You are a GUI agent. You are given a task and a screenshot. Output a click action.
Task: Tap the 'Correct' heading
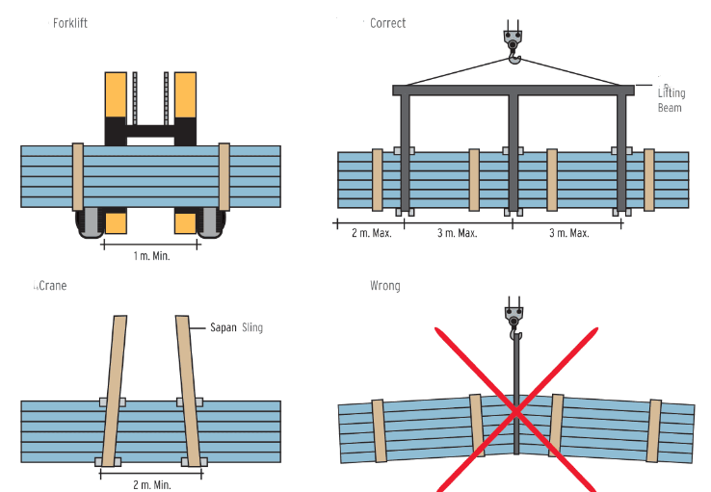click(x=387, y=23)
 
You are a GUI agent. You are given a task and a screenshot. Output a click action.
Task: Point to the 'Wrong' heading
click(x=384, y=286)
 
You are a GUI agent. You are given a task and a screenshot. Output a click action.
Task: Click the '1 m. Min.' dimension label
click(x=150, y=258)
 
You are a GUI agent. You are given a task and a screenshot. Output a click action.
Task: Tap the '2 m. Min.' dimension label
click(x=150, y=484)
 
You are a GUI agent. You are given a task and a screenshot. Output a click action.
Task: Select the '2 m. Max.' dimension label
click(x=370, y=234)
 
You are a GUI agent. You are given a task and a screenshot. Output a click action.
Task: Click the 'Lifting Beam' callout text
click(x=671, y=100)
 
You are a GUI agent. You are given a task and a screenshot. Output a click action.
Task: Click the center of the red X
click(x=517, y=411)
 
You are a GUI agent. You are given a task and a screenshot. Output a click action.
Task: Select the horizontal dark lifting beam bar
click(x=513, y=91)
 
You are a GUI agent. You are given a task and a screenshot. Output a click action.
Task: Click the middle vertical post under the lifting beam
click(x=513, y=154)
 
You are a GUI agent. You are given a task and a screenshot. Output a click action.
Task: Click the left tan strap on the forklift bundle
click(x=78, y=176)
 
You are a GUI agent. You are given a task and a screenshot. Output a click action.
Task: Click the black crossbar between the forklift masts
click(x=151, y=132)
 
